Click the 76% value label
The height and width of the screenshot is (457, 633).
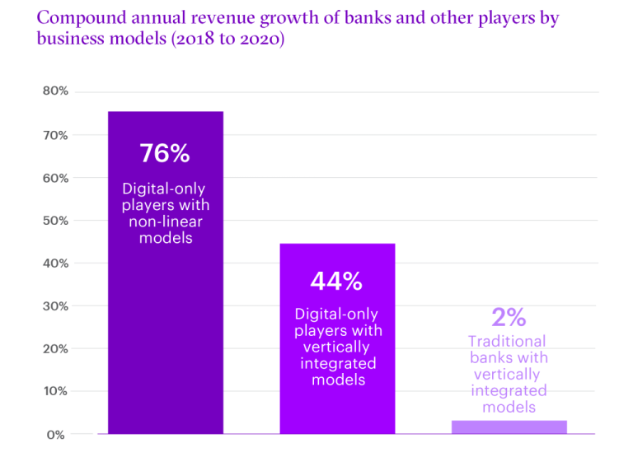click(165, 153)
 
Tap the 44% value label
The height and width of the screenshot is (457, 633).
click(336, 282)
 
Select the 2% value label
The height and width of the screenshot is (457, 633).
click(508, 317)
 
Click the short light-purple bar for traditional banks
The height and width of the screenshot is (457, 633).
click(509, 427)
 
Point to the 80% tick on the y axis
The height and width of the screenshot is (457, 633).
click(55, 91)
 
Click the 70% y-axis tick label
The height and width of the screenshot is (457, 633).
click(55, 134)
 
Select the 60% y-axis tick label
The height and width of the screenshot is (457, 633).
click(55, 177)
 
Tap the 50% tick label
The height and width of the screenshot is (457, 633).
click(55, 220)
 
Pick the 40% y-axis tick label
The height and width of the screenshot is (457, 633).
click(55, 263)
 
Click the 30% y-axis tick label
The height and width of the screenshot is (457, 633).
click(55, 305)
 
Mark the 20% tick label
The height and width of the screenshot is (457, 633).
click(55, 348)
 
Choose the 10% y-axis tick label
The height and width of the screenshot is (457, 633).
click(55, 391)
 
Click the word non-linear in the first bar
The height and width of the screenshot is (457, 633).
click(165, 222)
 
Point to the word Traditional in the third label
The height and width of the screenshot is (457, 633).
click(507, 341)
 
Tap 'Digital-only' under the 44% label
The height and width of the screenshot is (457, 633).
click(336, 315)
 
